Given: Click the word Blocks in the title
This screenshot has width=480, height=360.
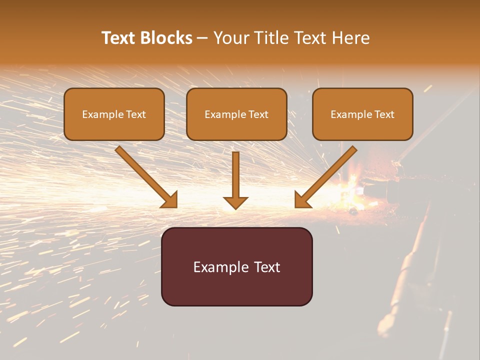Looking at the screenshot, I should (167, 38).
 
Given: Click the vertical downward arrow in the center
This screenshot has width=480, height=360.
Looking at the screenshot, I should (235, 175).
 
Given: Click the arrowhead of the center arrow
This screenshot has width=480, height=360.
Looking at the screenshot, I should (235, 202).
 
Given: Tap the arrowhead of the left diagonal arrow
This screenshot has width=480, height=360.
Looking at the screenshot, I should (170, 200).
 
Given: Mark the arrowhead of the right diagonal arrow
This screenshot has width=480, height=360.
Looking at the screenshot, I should (302, 200).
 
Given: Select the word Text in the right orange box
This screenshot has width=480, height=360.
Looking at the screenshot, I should (384, 114).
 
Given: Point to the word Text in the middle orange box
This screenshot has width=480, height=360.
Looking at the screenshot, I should (258, 114).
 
